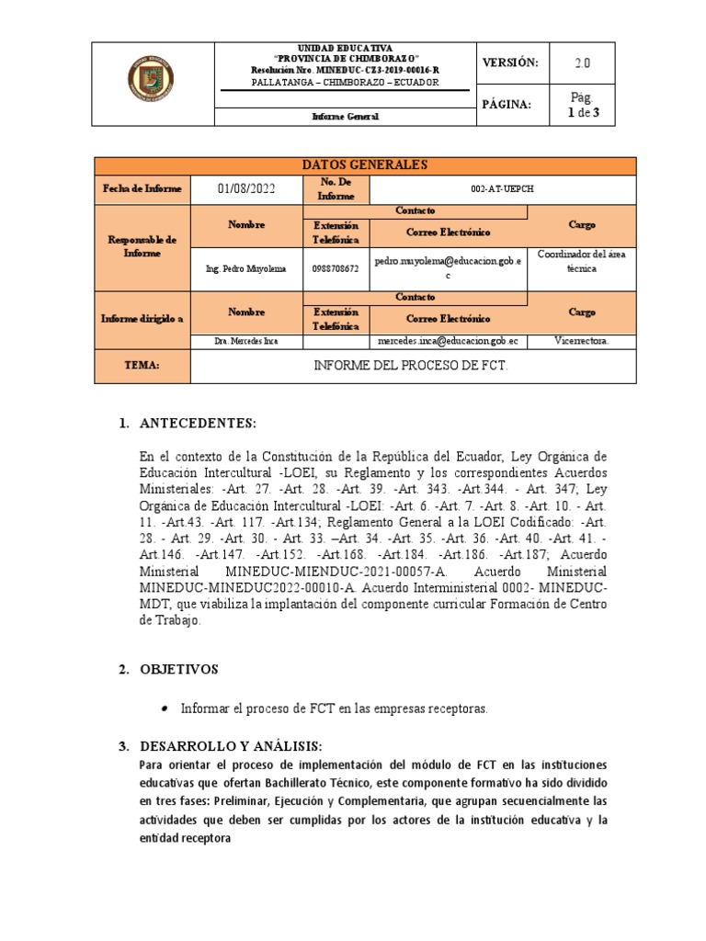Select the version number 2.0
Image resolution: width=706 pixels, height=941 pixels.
[x=583, y=62]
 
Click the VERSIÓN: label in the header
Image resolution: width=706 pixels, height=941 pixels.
[x=508, y=62]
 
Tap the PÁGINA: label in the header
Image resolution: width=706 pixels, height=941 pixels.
[x=507, y=105]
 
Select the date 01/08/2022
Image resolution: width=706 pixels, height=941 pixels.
[x=245, y=189]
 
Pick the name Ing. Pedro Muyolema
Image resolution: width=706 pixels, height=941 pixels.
[x=246, y=268]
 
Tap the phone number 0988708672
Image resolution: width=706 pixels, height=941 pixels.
[x=336, y=268]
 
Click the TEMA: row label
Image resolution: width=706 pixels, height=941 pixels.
[x=142, y=366]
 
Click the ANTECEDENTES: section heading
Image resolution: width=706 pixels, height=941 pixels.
[x=195, y=423]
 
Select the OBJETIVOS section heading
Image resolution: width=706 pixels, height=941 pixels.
[x=178, y=670]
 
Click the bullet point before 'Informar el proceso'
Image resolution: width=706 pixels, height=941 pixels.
[x=164, y=709]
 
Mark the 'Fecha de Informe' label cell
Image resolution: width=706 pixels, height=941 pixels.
[x=142, y=189]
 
